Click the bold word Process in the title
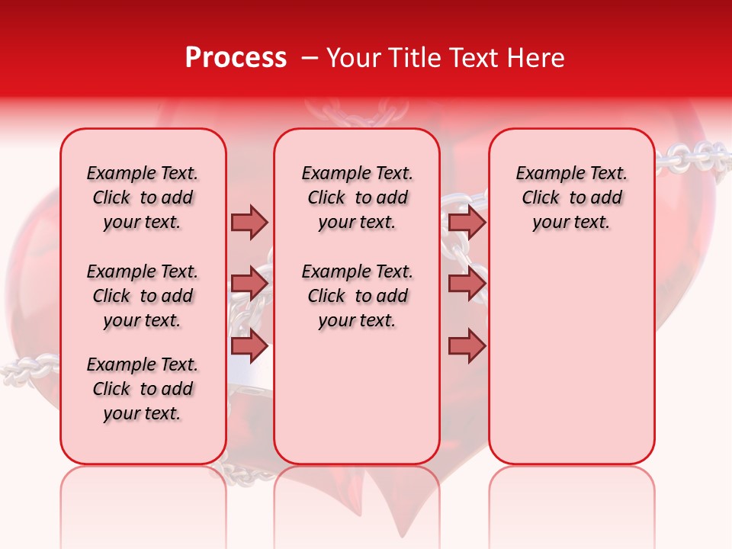(x=236, y=58)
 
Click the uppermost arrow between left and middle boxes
(x=249, y=222)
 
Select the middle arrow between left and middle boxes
(x=249, y=284)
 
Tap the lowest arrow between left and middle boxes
(x=249, y=345)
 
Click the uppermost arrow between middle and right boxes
(x=467, y=222)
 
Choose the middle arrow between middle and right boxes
(x=467, y=284)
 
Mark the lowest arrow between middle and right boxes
(x=467, y=345)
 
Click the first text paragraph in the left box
(x=143, y=197)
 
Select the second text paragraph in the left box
(x=143, y=296)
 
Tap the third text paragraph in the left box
(x=143, y=389)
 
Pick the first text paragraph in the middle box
(x=357, y=197)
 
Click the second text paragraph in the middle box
(x=357, y=296)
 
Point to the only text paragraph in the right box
(x=571, y=197)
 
